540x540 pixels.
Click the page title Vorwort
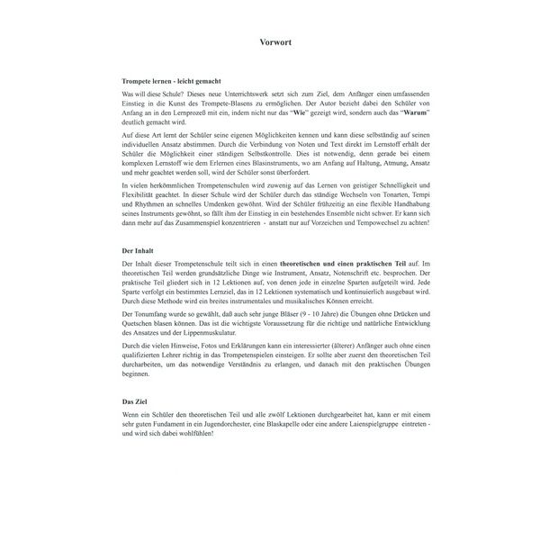click(x=270, y=42)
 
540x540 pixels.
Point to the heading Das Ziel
click(x=135, y=400)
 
